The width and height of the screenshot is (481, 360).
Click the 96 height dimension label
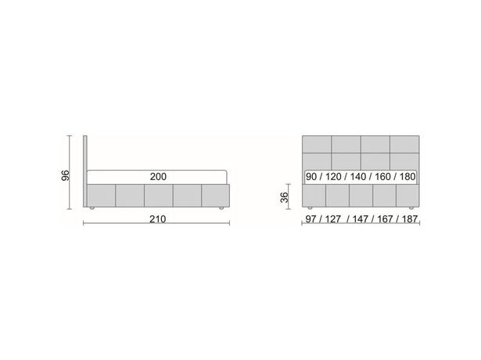(66, 175)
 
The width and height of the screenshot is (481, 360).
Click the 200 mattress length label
(158, 176)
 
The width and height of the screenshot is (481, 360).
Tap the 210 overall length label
(158, 219)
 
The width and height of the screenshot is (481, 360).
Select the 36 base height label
(285, 197)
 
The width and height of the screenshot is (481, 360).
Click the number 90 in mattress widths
(311, 177)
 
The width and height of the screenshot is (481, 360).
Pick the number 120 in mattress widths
(333, 177)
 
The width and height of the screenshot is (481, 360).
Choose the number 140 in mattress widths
(358, 177)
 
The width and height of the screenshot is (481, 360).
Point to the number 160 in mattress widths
(382, 177)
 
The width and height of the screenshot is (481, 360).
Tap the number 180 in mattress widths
(407, 177)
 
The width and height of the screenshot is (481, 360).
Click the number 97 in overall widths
(310, 219)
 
